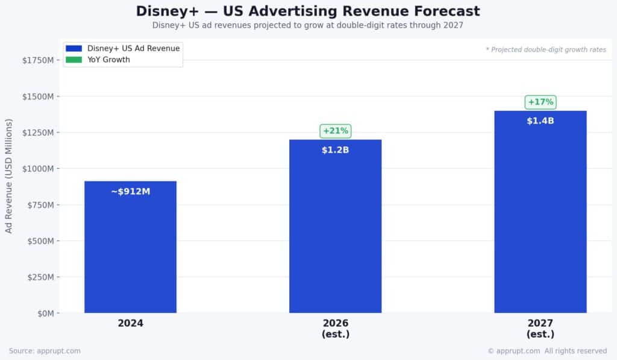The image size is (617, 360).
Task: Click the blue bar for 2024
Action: (x=130, y=253)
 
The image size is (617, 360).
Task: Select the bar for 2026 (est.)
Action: (x=335, y=235)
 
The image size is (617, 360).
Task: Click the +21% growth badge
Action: (x=335, y=131)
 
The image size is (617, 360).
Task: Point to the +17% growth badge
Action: (x=540, y=102)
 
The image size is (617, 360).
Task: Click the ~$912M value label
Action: (x=130, y=192)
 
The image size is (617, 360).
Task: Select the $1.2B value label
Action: (x=335, y=150)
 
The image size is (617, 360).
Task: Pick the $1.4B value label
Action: (x=540, y=121)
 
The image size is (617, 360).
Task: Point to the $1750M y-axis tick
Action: (x=38, y=60)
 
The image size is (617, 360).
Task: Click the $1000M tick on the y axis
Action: (x=38, y=169)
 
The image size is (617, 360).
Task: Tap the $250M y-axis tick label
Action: (x=40, y=277)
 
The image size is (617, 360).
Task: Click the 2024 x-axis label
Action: (x=130, y=323)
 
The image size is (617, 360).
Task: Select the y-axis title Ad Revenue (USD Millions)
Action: (x=9, y=176)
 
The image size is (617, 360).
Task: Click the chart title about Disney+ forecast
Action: (x=308, y=11)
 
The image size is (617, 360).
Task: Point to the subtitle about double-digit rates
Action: (x=308, y=25)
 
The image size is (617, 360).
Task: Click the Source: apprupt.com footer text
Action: (x=45, y=351)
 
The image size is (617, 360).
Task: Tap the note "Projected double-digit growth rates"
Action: (x=546, y=49)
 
